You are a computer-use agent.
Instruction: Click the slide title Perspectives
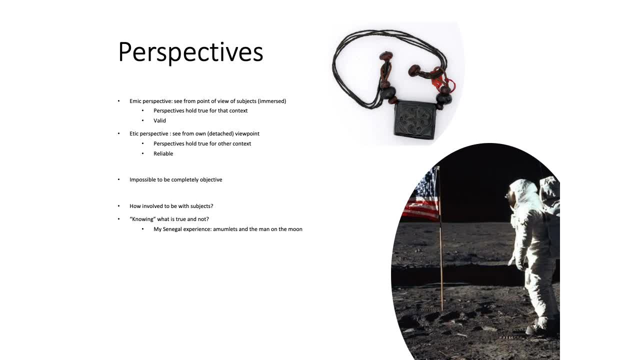pyautogui.click(x=190, y=52)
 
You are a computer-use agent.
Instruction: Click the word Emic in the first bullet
pyautogui.click(x=135, y=101)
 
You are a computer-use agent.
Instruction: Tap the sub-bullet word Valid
pyautogui.click(x=159, y=120)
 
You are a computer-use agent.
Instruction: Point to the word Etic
pyautogui.click(x=134, y=133)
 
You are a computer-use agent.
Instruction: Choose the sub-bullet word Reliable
pyautogui.click(x=163, y=153)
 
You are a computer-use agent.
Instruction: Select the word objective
pyautogui.click(x=211, y=179)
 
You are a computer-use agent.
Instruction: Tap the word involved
pyautogui.click(x=152, y=206)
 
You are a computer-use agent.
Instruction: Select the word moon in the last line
pyautogui.click(x=296, y=229)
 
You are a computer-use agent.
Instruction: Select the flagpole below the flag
pyautogui.click(x=441, y=265)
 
